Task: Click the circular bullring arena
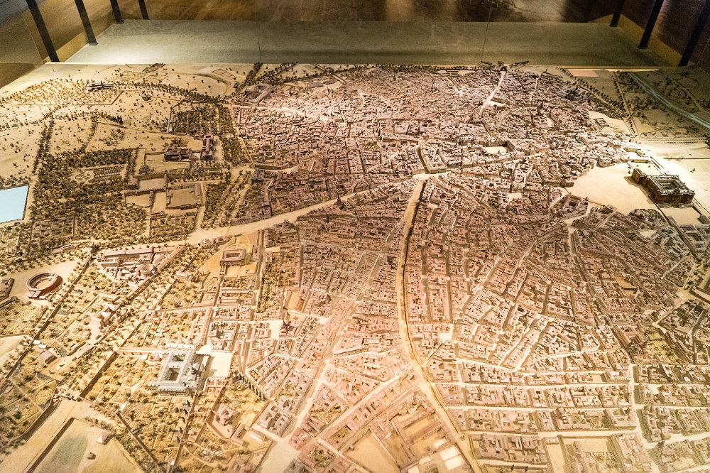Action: tap(44, 283)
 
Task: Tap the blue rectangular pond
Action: tap(13, 202)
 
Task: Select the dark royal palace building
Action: tap(663, 186)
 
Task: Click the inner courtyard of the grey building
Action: tap(177, 369)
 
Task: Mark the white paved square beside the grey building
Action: tap(219, 364)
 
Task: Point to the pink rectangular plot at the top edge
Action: tap(583, 72)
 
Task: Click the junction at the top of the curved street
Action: tap(423, 178)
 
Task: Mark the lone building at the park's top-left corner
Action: tap(99, 86)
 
